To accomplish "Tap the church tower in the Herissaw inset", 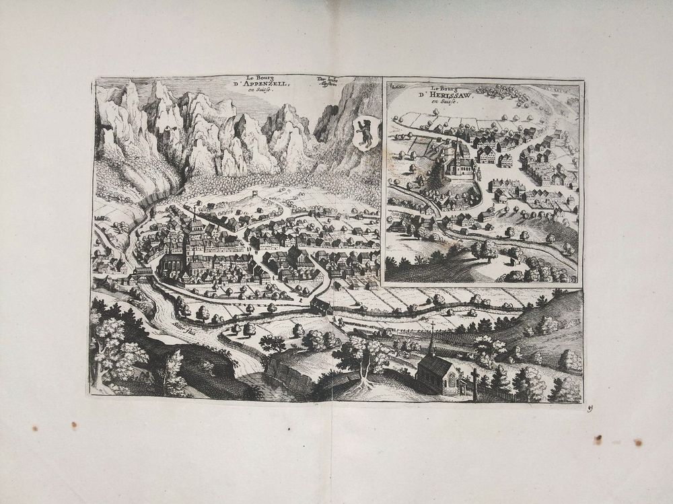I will (x=458, y=151).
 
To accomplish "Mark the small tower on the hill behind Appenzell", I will (x=256, y=194).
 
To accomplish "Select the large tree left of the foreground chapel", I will (x=363, y=357).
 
